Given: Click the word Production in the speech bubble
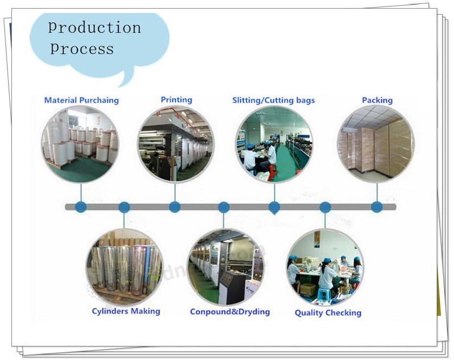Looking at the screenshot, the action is pos(95,28).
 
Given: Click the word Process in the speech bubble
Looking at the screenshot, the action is pos(82,48).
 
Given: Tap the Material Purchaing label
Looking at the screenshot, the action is pos(81,100).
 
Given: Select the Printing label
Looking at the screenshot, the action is pos(176,100).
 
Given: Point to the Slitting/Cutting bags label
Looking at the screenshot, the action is pos(273,100).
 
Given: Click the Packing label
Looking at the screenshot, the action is pos(378,100).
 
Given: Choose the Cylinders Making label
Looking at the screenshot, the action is pos(126,311).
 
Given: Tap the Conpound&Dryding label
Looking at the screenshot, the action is pos(230,312).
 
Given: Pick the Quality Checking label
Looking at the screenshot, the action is pos(328,313).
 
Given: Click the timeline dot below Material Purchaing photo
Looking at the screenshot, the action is pos(81,207).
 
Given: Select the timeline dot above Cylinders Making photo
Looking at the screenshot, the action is pos(124,207).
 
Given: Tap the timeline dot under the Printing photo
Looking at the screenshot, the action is pos(175,207).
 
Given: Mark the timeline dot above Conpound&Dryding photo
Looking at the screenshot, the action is pos(223,207).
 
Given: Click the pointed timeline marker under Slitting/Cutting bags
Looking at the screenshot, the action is pos(274,208).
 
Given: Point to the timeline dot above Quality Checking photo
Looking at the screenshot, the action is pos(325,207).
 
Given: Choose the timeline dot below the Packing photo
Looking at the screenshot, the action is pos(376,207).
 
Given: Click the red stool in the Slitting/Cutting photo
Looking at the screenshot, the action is pos(272,172).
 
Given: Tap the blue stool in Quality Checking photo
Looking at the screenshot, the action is pos(323,294).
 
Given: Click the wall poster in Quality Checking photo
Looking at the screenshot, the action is pos(317,239).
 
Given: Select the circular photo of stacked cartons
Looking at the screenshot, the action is pos(376,144).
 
